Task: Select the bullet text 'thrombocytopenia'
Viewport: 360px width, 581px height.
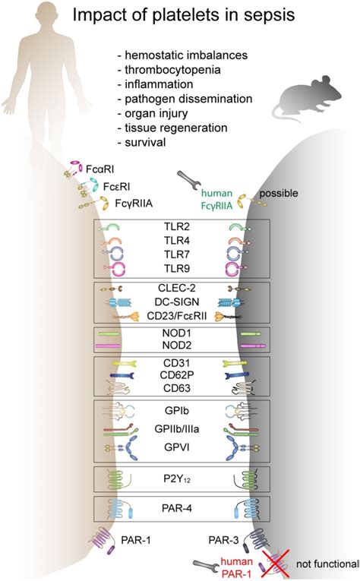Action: click(x=161, y=69)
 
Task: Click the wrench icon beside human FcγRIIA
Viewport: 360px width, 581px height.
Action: click(x=188, y=180)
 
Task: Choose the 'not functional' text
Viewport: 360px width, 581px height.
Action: click(x=328, y=565)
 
